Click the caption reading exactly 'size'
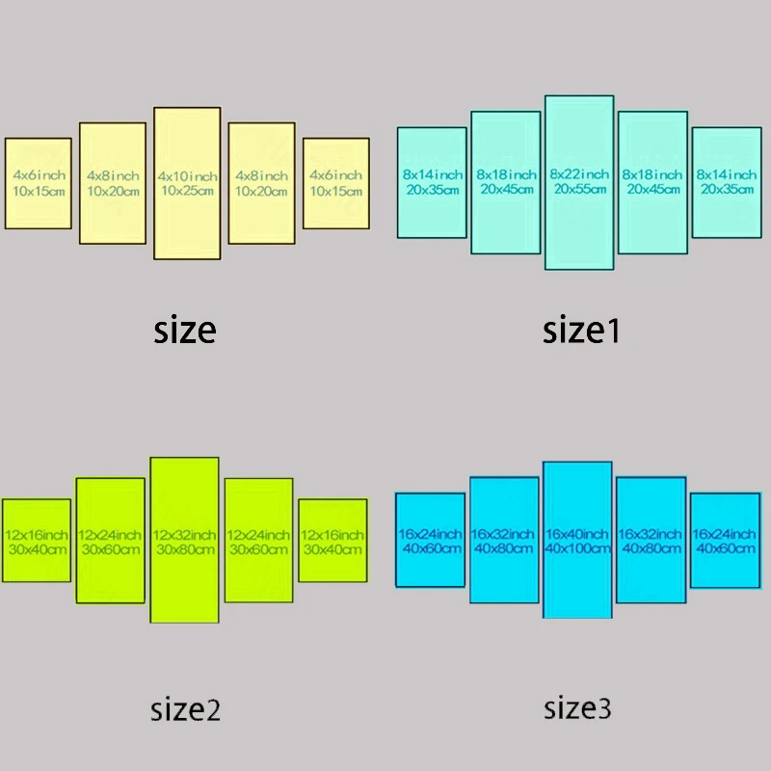pos(185,331)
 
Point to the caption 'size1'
pos(581,331)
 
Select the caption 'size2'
pos(185,711)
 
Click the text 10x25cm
pos(188,191)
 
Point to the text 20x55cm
pos(579,190)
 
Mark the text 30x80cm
pos(184,549)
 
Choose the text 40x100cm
pos(577,548)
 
